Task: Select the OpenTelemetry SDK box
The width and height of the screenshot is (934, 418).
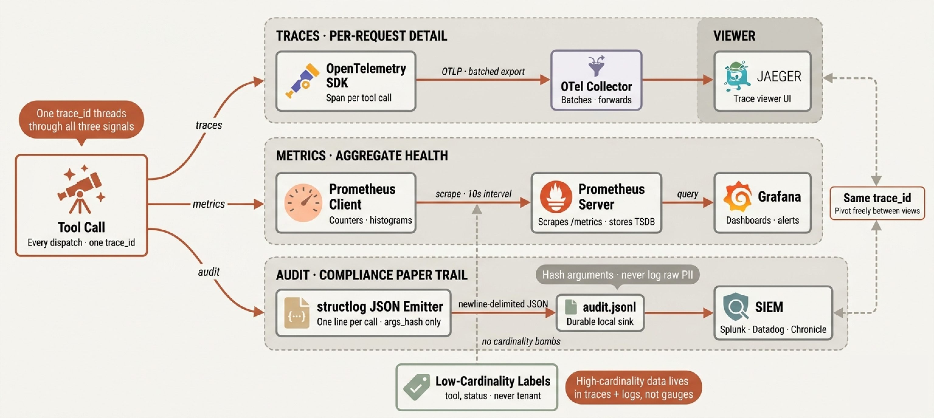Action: coord(345,81)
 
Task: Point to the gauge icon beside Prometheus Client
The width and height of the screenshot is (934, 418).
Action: coord(303,203)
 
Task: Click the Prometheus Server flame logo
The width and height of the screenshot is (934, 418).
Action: coord(556,196)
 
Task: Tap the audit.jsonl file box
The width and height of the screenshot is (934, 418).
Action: coord(600,313)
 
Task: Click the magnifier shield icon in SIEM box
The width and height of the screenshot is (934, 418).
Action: coord(736,307)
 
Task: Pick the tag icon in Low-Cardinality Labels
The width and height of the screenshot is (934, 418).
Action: coord(417,387)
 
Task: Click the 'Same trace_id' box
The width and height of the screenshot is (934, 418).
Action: coord(877,203)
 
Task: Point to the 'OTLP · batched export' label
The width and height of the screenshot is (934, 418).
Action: coord(483,71)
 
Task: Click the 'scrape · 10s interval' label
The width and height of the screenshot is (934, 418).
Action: coord(473,194)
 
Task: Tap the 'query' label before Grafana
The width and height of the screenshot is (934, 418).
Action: coord(687,194)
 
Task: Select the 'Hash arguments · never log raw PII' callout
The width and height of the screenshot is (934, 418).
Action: coord(617,275)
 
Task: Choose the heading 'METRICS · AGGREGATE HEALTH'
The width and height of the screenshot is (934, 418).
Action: coord(362,156)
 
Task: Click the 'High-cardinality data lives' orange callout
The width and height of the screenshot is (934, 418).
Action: coord(633,388)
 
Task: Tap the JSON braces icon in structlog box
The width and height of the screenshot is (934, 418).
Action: coord(297,313)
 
